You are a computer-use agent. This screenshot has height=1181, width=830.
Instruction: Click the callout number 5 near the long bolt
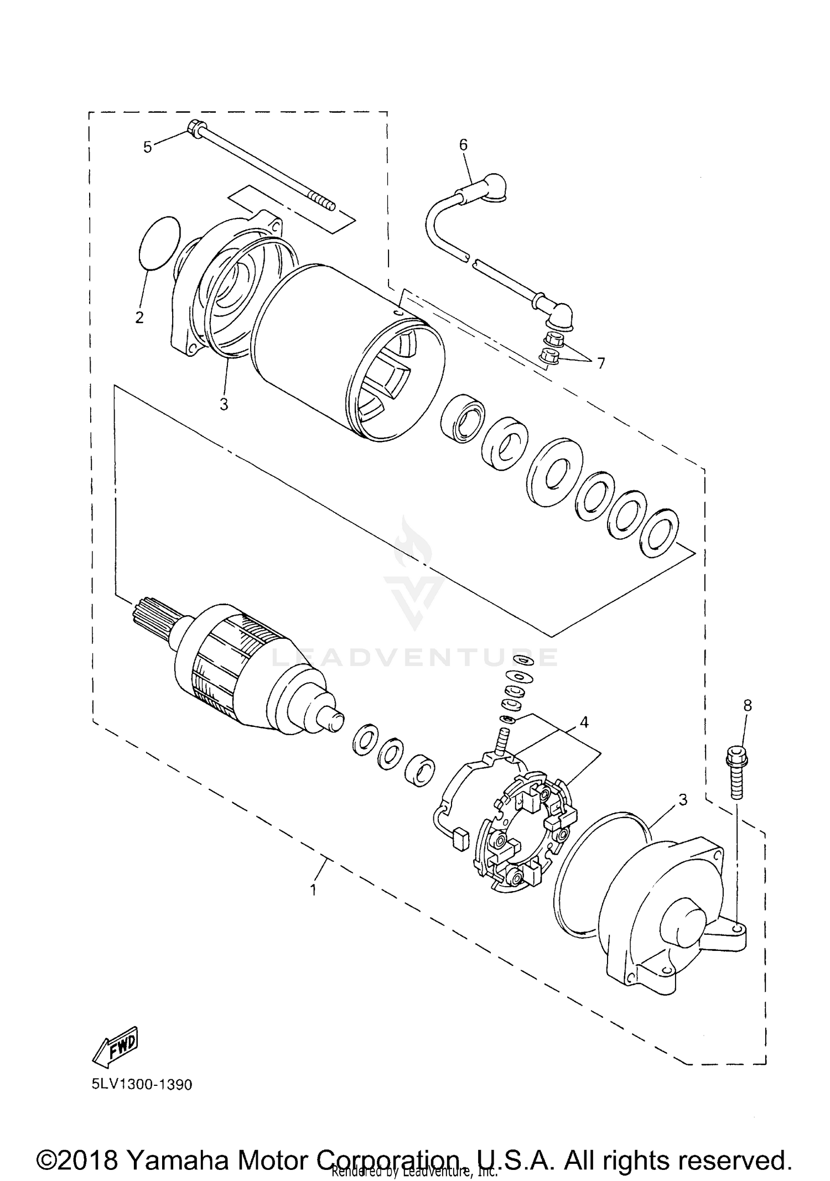[147, 148]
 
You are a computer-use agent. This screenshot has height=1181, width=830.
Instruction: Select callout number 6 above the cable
[463, 145]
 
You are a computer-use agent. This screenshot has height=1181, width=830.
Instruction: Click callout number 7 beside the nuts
[600, 363]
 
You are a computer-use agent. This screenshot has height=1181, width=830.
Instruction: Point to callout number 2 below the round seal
[139, 318]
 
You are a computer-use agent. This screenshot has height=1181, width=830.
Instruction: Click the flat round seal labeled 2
[159, 243]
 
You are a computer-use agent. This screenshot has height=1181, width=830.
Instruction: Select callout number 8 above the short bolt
[748, 705]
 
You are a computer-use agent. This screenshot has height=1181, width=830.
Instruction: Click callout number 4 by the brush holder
[584, 722]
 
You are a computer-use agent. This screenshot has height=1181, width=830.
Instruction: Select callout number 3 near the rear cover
[683, 800]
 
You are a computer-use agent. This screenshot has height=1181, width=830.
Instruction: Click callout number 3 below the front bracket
[224, 405]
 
